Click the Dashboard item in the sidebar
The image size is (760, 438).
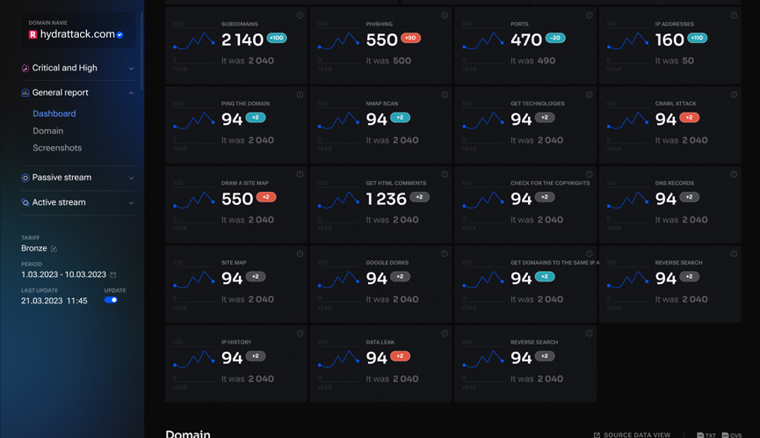tap(54, 113)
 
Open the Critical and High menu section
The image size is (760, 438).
tap(65, 68)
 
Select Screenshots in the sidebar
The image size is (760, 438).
tap(57, 148)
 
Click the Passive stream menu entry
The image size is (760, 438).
tap(62, 178)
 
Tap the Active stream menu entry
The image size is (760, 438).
tap(59, 202)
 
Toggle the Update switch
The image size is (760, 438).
tap(111, 300)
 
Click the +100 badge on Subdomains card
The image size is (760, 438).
tap(277, 39)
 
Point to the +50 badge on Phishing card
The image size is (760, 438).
tap(410, 39)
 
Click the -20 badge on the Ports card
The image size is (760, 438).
tap(554, 39)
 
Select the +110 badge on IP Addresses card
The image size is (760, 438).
tap(698, 39)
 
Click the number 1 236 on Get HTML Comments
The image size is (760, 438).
tap(387, 200)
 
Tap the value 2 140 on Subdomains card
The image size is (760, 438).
tap(242, 40)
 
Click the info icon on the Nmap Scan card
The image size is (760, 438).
tap(445, 95)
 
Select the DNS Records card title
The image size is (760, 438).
tap(674, 183)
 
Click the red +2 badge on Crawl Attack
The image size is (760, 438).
tap(689, 118)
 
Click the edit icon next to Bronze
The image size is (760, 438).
tap(54, 249)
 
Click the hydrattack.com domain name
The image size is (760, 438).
tap(77, 34)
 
